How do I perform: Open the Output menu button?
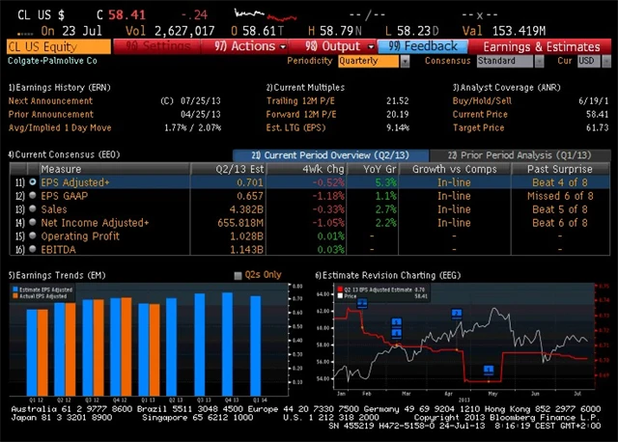tap(332, 46)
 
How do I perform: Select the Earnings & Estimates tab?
tap(540, 46)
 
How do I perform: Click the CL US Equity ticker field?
tap(56, 46)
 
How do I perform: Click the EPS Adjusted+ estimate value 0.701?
tap(248, 181)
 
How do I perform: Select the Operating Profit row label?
tap(80, 236)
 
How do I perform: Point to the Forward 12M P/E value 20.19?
tap(398, 114)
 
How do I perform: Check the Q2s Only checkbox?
tap(239, 275)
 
